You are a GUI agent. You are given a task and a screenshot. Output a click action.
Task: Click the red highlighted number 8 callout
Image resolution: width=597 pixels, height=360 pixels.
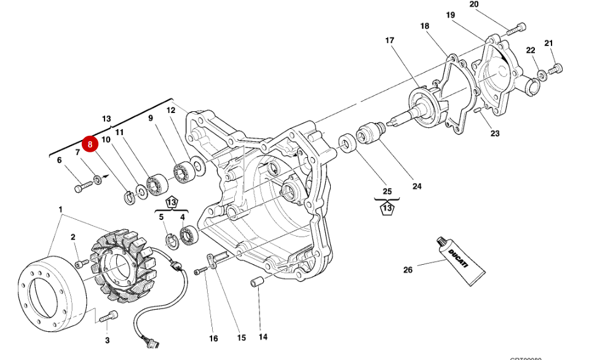tap(90, 144)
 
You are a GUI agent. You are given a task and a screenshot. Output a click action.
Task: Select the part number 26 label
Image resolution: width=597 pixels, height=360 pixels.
tap(408, 268)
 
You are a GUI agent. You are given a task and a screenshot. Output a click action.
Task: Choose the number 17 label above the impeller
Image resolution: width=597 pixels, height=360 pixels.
tap(389, 41)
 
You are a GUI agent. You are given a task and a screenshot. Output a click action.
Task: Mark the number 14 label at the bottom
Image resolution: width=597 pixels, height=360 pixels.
tap(263, 337)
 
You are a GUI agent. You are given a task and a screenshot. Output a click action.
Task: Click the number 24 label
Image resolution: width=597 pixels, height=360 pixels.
tap(416, 186)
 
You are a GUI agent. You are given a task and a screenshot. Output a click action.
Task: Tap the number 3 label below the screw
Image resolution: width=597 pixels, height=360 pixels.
tap(106, 340)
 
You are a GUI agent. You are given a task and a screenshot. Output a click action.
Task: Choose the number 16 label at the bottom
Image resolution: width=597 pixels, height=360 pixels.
tap(213, 338)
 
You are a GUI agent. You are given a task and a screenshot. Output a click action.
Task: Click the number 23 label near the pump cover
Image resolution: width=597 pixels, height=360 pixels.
tap(496, 133)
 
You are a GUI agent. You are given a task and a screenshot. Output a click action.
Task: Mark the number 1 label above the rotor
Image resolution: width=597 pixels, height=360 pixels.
tap(61, 209)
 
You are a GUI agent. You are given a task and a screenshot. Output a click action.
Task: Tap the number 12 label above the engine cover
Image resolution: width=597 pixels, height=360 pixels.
tap(171, 111)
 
